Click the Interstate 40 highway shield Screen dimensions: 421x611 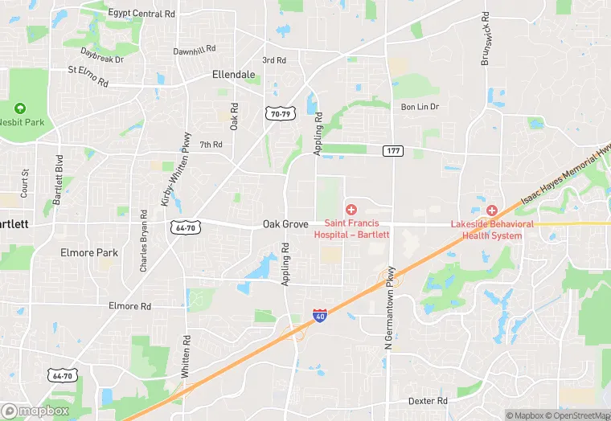point(320,316)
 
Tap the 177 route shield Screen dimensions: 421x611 point(393,151)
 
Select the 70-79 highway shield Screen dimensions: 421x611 point(279,115)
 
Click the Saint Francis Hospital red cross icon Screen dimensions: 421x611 point(351,210)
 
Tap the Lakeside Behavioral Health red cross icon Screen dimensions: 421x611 point(491,210)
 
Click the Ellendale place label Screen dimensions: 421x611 point(233,75)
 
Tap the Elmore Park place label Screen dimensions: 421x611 point(89,252)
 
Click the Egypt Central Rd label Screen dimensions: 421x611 point(141,14)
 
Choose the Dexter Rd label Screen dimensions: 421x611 point(427,400)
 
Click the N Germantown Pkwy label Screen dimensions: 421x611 point(390,307)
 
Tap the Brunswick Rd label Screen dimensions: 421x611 point(486,39)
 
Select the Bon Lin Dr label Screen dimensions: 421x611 point(420,107)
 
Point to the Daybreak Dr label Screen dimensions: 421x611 point(101,56)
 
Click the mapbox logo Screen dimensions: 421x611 point(36,410)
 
